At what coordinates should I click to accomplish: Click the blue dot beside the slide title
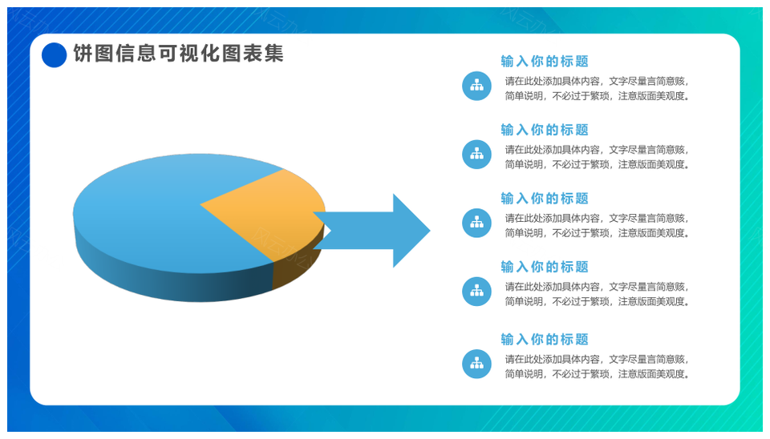pyautogui.click(x=54, y=54)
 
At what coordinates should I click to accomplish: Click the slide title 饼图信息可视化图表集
pyautogui.click(x=179, y=54)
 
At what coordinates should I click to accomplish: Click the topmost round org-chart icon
pyautogui.click(x=476, y=86)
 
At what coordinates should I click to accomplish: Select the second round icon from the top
pyautogui.click(x=476, y=155)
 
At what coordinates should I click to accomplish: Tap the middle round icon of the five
pyautogui.click(x=476, y=224)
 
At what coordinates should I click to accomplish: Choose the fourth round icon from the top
pyautogui.click(x=476, y=292)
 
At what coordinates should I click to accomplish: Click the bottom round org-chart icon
pyautogui.click(x=476, y=364)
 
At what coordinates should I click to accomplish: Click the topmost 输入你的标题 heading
pyautogui.click(x=545, y=62)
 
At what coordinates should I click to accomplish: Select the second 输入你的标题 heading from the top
pyautogui.click(x=545, y=130)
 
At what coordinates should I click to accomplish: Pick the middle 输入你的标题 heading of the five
pyautogui.click(x=545, y=199)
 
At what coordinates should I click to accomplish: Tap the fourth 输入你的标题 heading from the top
pyautogui.click(x=545, y=267)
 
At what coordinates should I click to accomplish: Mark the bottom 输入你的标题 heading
pyautogui.click(x=545, y=340)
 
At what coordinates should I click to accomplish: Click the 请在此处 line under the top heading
pyautogui.click(x=597, y=82)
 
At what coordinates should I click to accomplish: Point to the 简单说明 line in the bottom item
pyautogui.click(x=597, y=374)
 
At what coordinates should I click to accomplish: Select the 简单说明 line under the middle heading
pyautogui.click(x=597, y=233)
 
